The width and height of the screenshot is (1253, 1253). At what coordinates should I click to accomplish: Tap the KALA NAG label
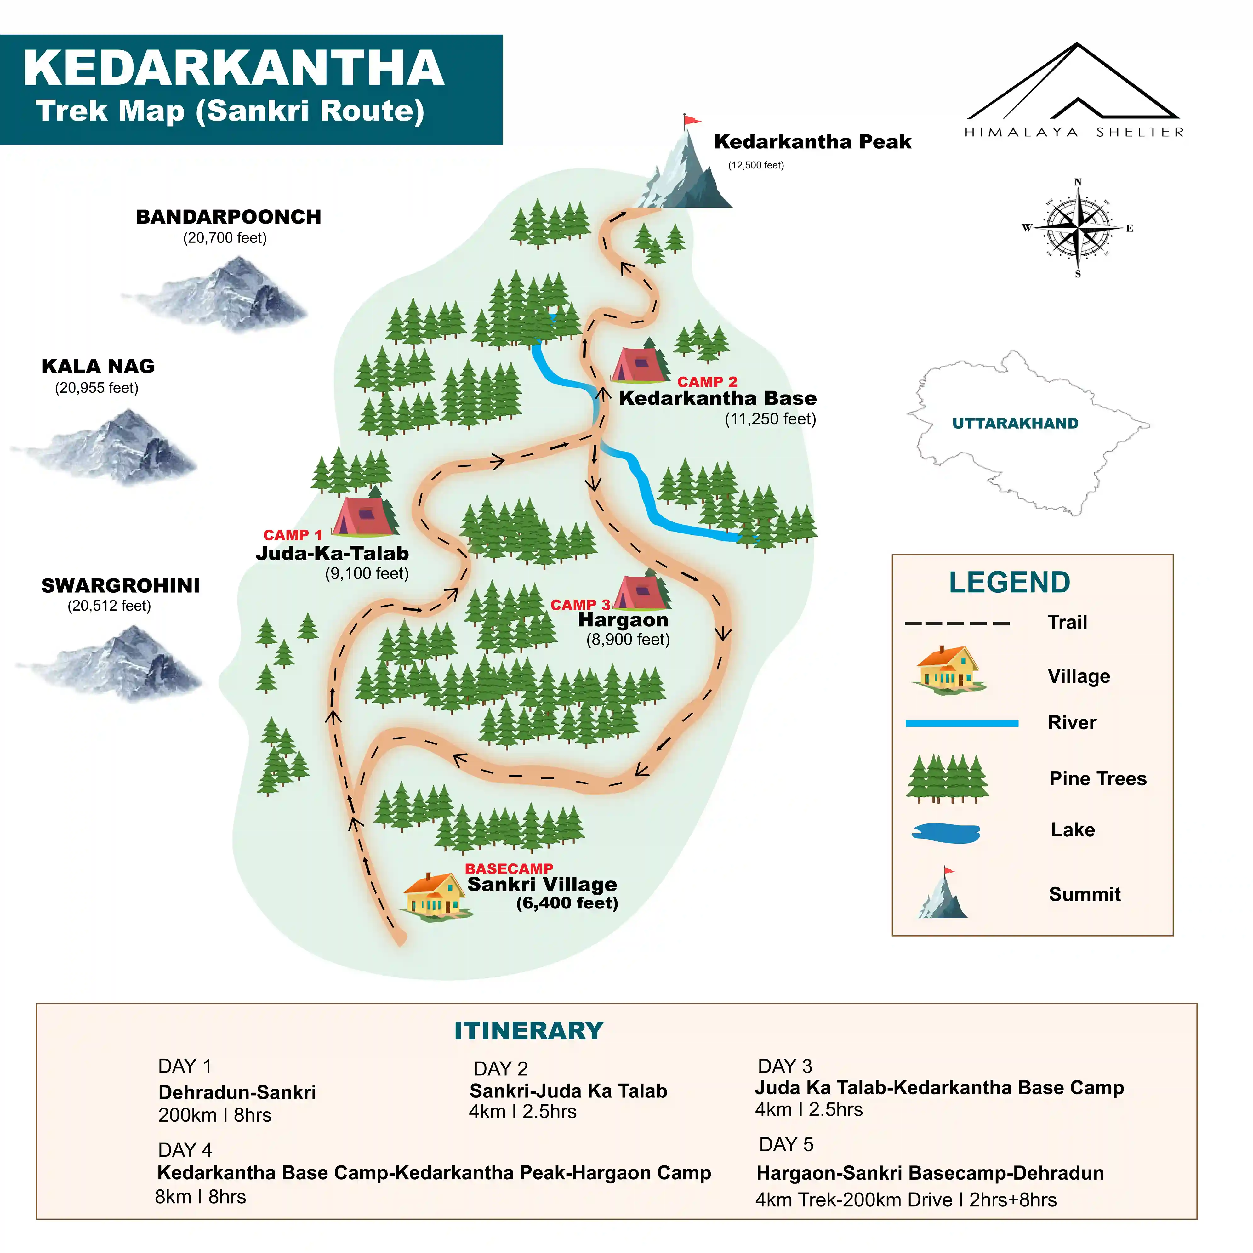tap(98, 367)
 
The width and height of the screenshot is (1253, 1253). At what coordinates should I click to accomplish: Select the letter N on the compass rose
tap(1078, 182)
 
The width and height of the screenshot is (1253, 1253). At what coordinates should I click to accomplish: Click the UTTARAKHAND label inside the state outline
tap(1015, 424)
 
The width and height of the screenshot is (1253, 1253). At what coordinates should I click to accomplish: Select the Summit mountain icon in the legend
tap(944, 895)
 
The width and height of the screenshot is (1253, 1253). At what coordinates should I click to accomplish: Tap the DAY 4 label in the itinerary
tap(185, 1150)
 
